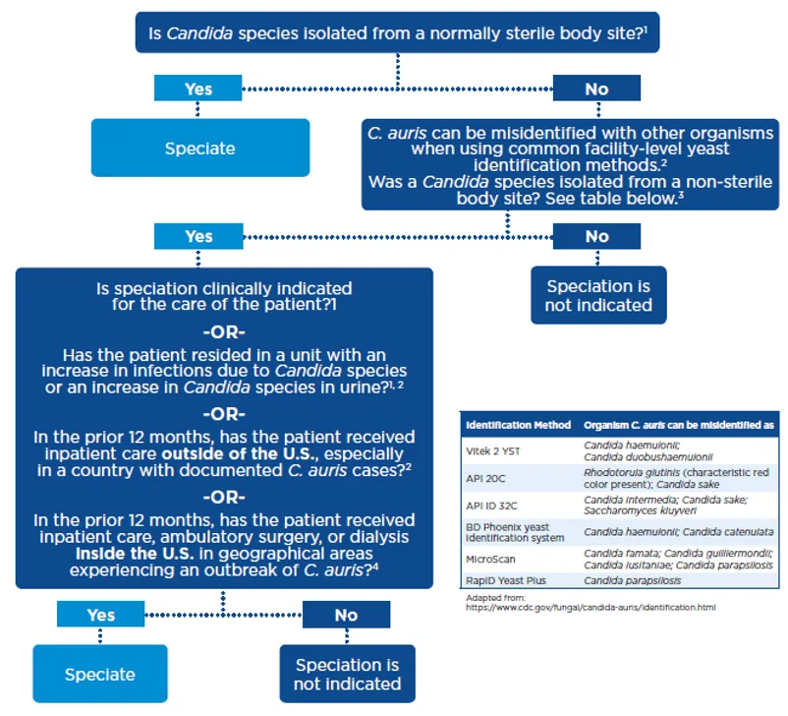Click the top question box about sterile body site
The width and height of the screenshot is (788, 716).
coord(397,33)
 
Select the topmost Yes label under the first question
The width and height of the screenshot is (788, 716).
coord(198,89)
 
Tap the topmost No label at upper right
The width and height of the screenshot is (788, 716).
coord(596,89)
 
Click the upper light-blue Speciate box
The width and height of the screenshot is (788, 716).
coord(199,149)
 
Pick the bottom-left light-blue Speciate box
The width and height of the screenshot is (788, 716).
coord(99,675)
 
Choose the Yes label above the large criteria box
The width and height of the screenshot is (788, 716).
coord(198,236)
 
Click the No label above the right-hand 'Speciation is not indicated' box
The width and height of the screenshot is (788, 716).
coord(596,236)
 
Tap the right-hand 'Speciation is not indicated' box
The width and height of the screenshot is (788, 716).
coord(598,295)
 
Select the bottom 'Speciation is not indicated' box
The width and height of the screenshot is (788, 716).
coord(348,674)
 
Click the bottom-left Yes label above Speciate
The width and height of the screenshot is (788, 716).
coord(100,615)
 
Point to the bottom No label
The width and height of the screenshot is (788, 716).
coord(346,615)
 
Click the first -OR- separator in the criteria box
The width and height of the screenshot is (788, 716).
coord(223,331)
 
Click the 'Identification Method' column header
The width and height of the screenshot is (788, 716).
coord(518,425)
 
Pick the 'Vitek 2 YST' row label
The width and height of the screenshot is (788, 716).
coord(492,450)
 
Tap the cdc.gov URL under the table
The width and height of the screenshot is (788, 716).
coord(591,607)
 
